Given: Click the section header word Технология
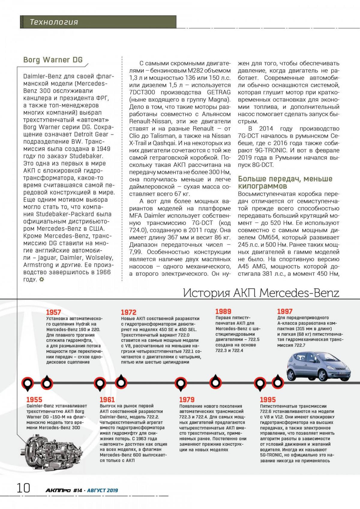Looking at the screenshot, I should click(x=54, y=22).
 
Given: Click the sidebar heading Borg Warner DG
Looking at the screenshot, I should click(x=53, y=60).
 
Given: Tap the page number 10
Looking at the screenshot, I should click(x=23, y=488).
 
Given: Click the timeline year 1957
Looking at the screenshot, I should click(x=53, y=312).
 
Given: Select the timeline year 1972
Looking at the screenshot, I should click(x=128, y=312).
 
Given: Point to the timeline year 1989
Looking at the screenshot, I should click(x=223, y=312).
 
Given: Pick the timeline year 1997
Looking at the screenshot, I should click(x=285, y=312).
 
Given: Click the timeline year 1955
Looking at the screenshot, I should click(x=34, y=399).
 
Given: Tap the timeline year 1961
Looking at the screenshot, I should click(x=107, y=399).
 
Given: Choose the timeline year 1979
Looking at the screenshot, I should click(x=187, y=399).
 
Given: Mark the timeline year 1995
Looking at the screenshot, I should click(x=268, y=399).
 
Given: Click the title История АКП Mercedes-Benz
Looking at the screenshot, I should click(x=261, y=293).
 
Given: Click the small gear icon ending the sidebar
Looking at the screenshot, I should click(x=42, y=279).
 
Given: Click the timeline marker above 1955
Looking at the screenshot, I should click(x=28, y=383).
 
